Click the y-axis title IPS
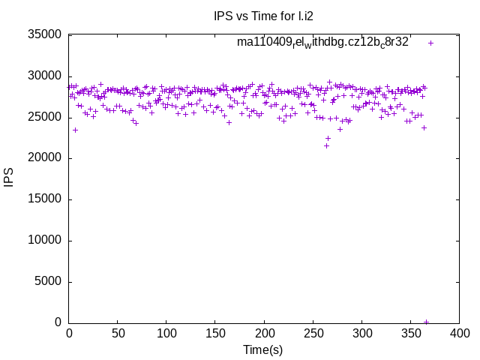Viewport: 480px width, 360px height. [x=10, y=178]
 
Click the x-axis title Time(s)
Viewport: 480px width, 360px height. [x=263, y=349]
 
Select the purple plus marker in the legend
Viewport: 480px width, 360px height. [x=430, y=43]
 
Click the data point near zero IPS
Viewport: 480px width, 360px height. [x=426, y=322]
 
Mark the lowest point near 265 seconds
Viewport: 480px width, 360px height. [x=326, y=145]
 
